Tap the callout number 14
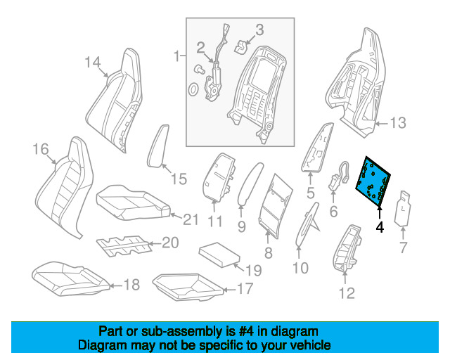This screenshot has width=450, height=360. pos(93,63)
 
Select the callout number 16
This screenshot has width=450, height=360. pos(40,148)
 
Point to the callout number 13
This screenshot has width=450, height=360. pos(397,124)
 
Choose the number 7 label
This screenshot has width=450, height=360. pos(403,247)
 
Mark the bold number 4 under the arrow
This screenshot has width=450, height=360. pos(380,227)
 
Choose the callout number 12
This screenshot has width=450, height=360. pos(347,293)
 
